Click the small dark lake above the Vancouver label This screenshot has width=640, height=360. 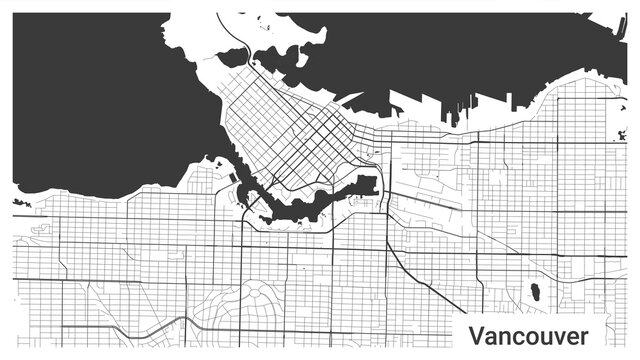click(x=536, y=292)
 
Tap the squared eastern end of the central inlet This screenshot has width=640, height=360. click(x=366, y=184)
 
